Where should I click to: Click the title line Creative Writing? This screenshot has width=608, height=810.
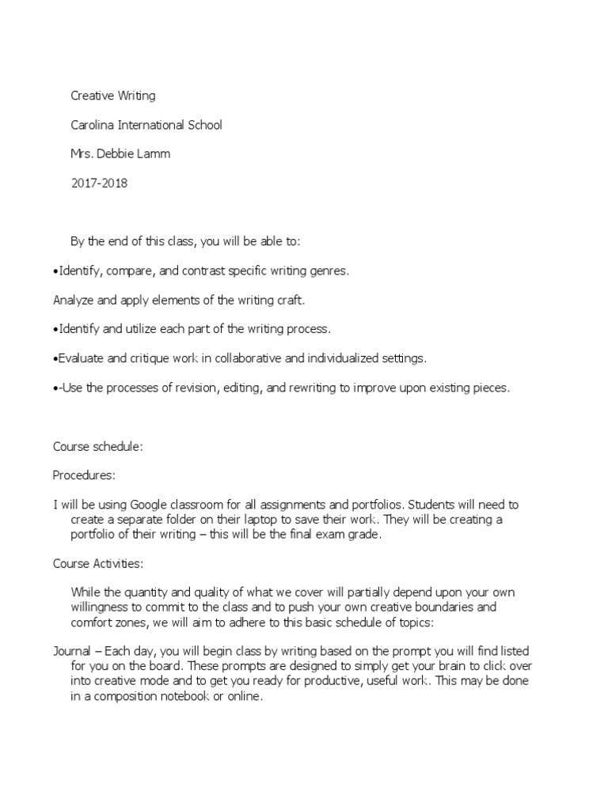click(113, 96)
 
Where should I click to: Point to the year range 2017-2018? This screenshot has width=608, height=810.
click(99, 183)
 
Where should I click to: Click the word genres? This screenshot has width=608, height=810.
click(329, 271)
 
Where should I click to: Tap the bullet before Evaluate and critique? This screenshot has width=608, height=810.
click(56, 358)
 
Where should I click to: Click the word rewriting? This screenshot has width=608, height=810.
click(312, 388)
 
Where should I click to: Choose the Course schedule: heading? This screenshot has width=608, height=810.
click(97, 446)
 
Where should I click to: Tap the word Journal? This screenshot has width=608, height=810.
click(73, 650)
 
